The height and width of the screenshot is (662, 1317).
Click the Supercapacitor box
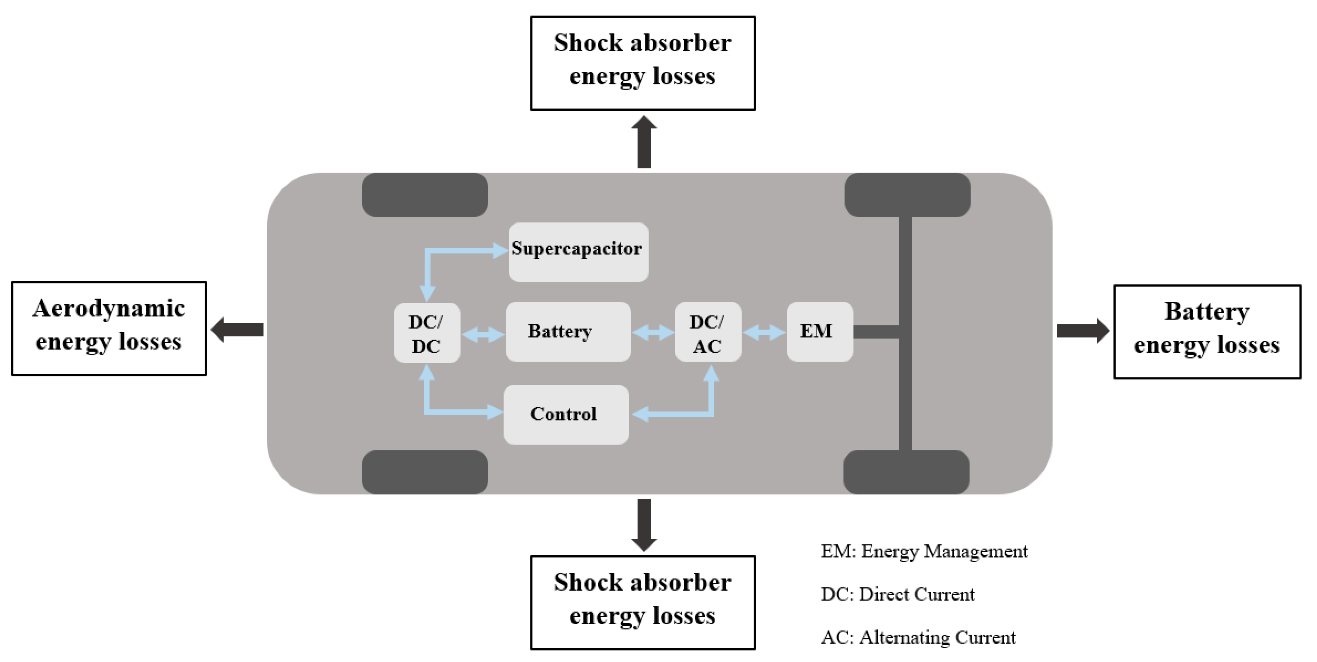click(x=578, y=251)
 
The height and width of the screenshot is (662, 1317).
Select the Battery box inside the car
click(x=567, y=331)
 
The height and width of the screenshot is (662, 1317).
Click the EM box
click(x=819, y=331)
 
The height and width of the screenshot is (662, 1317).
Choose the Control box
click(x=566, y=414)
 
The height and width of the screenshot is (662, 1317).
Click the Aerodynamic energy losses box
click(x=109, y=328)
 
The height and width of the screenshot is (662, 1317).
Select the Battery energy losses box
click(x=1207, y=331)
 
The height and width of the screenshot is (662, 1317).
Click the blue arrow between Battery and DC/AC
click(x=653, y=332)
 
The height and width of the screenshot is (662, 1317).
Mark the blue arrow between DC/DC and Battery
click(x=483, y=335)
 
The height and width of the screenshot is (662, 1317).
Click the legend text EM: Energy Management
click(x=924, y=552)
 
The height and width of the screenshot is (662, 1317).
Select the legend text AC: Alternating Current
click(x=918, y=637)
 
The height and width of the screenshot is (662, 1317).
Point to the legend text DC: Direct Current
click(x=897, y=595)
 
